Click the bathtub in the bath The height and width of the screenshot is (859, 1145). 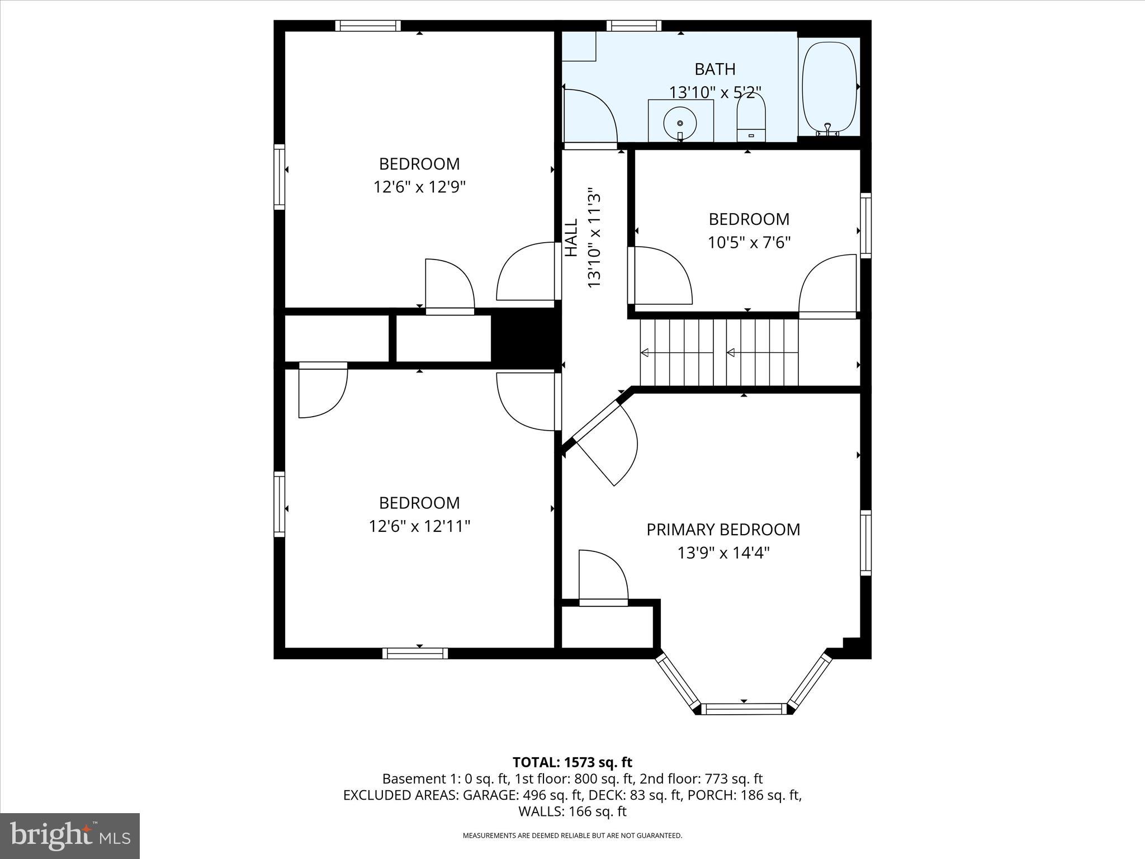click(x=829, y=87)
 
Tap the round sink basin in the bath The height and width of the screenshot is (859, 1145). click(x=680, y=122)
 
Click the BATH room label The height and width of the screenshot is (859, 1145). click(x=715, y=69)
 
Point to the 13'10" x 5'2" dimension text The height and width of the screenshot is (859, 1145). click(x=715, y=92)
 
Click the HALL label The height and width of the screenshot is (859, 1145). click(x=571, y=238)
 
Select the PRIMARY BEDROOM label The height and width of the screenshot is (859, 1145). click(x=723, y=530)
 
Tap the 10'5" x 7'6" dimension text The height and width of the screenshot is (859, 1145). click(x=749, y=243)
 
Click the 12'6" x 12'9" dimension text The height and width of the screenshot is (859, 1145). click(x=419, y=187)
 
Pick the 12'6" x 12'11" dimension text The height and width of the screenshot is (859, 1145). click(x=419, y=526)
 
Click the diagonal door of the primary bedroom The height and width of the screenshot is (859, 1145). click(x=604, y=442)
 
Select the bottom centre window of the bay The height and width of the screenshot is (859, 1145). click(x=744, y=709)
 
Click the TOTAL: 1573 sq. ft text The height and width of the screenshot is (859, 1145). click(x=572, y=762)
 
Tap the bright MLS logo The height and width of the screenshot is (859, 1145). click(x=70, y=836)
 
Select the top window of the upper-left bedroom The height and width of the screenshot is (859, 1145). click(x=368, y=26)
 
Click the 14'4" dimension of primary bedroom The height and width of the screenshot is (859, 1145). click(x=751, y=553)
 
